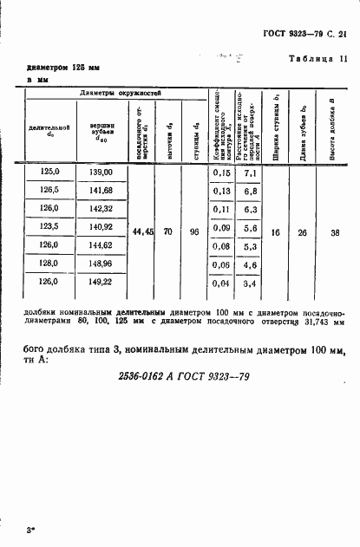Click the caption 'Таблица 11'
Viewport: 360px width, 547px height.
click(x=317, y=59)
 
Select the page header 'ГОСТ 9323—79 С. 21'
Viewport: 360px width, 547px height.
click(x=304, y=34)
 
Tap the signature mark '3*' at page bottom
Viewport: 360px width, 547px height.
click(x=30, y=527)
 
